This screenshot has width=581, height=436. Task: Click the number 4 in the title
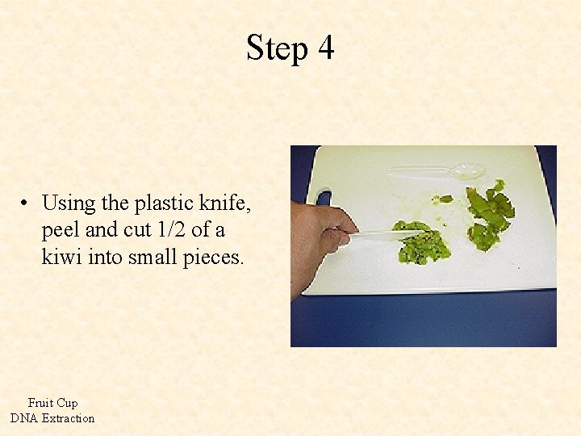[325, 48]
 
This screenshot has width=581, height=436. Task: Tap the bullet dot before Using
[27, 203]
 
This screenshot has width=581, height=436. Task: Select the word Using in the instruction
[69, 203]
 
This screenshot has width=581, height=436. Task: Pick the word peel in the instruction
[60, 231]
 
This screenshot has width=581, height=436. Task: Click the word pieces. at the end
[215, 258]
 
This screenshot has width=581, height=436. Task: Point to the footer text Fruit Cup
[52, 403]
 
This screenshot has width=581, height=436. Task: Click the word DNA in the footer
[23, 418]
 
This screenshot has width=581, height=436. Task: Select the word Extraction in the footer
[68, 418]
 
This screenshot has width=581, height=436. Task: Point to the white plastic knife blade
[387, 235]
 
